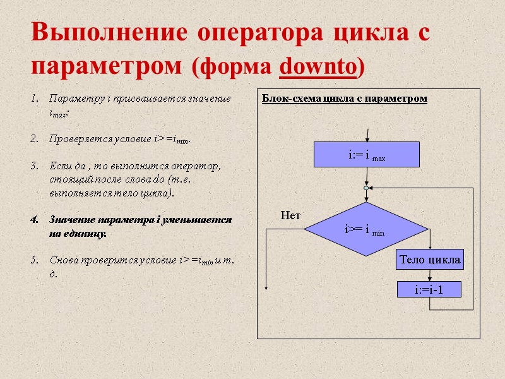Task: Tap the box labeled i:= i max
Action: (x=367, y=155)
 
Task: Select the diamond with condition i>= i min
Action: (x=366, y=229)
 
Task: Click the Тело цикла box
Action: (x=430, y=259)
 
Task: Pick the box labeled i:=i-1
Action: (x=429, y=290)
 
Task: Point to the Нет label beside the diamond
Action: (x=290, y=216)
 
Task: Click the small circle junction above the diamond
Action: (x=366, y=188)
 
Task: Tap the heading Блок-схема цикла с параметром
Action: (x=344, y=99)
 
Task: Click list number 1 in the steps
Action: (x=35, y=99)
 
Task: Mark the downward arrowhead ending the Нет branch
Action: (x=266, y=287)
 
